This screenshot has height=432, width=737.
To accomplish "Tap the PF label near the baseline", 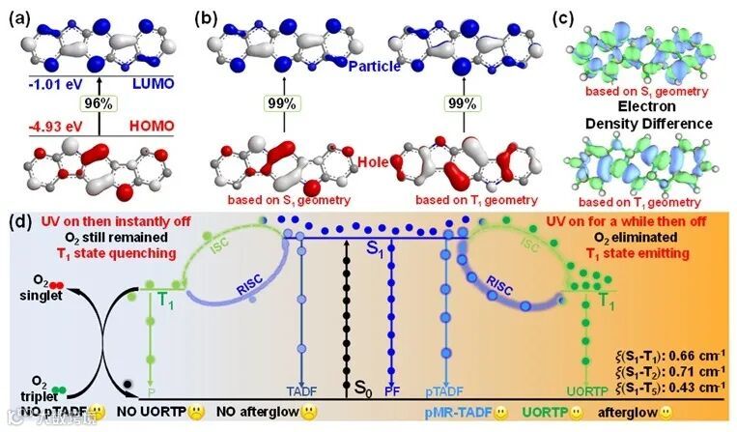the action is [393, 391].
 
